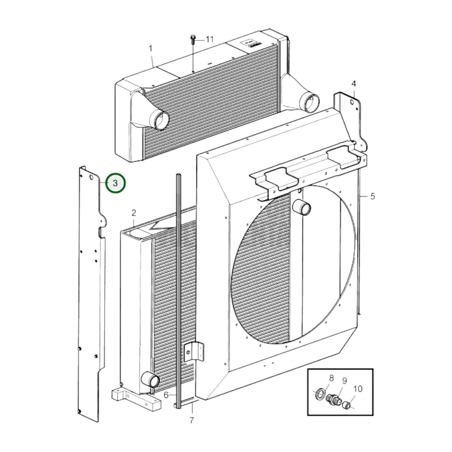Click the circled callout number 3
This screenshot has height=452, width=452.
tap(115, 183)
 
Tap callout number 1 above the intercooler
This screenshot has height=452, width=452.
tap(150, 49)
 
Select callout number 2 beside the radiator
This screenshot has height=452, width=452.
tap(134, 213)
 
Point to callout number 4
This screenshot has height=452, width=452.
tap(353, 84)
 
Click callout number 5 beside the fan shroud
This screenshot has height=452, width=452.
tap(372, 196)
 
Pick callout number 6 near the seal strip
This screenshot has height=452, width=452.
tap(166, 395)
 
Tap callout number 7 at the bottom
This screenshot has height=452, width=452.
tap(191, 420)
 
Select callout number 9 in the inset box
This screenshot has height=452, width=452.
tap(344, 381)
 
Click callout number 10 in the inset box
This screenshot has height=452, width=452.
tap(358, 389)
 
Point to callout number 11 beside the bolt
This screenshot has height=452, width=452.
tap(209, 39)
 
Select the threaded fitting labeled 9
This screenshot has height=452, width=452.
tap(332, 399)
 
